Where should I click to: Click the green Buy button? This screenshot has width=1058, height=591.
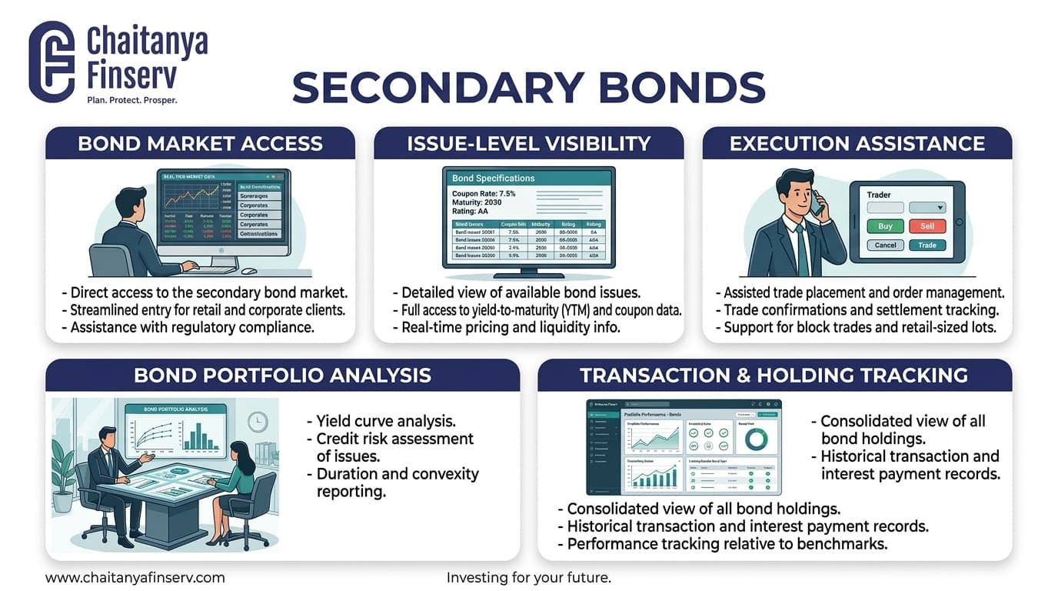point(885,226)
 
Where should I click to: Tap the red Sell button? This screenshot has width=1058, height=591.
point(927,226)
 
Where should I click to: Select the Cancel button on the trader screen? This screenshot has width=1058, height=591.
point(885,245)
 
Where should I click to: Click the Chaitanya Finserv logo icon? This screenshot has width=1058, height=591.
point(52,62)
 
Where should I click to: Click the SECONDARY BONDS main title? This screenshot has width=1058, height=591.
point(529,87)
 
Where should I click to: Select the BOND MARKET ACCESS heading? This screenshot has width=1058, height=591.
point(200,144)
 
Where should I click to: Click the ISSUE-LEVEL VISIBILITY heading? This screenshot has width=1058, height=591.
point(528,144)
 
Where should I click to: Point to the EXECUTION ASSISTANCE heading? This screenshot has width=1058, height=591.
point(857,144)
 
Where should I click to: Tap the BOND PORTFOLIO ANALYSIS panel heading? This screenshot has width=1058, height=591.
point(282,375)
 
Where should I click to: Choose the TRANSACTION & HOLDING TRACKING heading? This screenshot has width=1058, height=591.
point(774,375)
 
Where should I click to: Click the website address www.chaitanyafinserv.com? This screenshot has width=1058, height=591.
point(135,577)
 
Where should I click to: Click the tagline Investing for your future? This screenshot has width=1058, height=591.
point(528,577)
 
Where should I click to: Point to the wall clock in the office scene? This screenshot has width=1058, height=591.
point(257,421)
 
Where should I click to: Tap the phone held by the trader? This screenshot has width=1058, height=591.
point(817,202)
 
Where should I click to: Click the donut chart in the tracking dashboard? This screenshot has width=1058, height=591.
point(757,439)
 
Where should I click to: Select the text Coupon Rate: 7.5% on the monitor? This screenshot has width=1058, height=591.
point(484,194)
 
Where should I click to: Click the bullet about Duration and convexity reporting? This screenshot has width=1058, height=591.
point(397,482)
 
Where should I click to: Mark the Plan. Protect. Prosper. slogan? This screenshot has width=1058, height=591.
point(131,100)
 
